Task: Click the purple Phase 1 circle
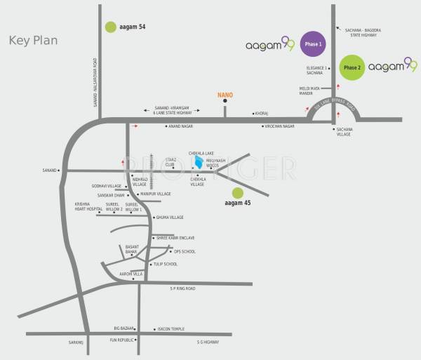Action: point(314,44)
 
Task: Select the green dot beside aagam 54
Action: point(110,27)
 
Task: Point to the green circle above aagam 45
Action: point(238,192)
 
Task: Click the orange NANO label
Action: point(225,95)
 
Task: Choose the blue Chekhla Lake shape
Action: point(199,161)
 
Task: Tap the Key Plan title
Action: point(33,40)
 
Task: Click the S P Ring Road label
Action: point(183,288)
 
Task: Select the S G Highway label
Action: point(208,342)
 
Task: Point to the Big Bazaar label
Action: point(123,328)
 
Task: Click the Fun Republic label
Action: point(121,340)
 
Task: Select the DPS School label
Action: point(185,251)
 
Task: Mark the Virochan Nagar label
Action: point(278,126)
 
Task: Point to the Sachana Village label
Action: point(344,132)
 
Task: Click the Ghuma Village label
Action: point(170,218)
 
